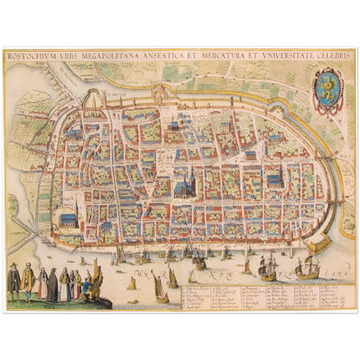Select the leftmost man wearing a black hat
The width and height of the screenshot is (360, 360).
tap(13, 279)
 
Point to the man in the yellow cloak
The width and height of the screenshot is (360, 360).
tap(29, 280)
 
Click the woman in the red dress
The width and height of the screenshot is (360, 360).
tap(42, 283)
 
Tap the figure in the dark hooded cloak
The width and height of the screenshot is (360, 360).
tap(54, 285)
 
